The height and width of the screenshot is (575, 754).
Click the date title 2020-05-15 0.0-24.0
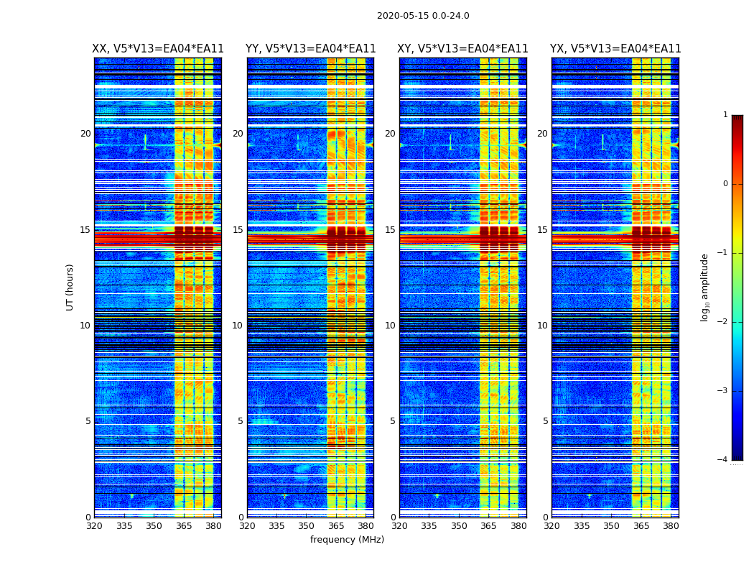pos(423,16)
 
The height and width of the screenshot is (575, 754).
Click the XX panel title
pos(158,49)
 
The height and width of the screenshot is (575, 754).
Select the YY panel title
pos(310,49)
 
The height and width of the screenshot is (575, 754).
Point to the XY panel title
pos(463,49)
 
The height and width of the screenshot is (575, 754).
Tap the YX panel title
pos(615,49)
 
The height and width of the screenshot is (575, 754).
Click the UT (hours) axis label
pos(70,287)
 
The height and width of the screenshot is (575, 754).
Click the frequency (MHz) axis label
pos(347,540)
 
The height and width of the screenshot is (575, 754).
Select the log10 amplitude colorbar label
pos(705,287)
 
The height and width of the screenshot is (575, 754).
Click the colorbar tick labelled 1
pos(725,115)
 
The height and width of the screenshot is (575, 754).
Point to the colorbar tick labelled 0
pos(725,184)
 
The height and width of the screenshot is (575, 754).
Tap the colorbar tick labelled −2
pos(724,322)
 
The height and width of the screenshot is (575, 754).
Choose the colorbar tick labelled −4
pos(724,460)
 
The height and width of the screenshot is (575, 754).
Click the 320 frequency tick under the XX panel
pos(94,526)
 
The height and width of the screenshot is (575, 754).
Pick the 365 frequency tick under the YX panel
pos(641,526)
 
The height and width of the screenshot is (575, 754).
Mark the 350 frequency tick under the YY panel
pos(307,526)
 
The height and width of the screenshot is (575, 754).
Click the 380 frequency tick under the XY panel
pos(518,526)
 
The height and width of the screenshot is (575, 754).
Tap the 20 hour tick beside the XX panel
pos(85,134)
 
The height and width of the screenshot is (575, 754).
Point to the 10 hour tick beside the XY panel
pos(390,326)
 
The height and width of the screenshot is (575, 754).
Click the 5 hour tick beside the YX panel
pos(546,421)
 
